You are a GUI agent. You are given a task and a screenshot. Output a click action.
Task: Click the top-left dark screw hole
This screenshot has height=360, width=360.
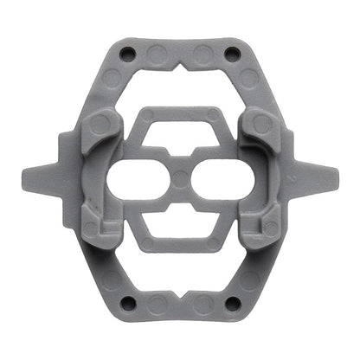[128, 55]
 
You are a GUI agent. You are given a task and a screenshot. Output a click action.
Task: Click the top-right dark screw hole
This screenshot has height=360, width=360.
[232, 55]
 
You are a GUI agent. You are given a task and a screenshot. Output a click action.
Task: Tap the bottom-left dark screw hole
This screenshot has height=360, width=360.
[128, 303]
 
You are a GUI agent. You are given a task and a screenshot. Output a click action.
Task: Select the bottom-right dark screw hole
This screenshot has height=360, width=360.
[232, 303]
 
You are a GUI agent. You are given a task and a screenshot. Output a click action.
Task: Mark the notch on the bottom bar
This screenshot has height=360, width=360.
[180, 292]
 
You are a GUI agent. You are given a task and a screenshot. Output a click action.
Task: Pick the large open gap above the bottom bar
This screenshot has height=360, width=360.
[180, 264]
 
